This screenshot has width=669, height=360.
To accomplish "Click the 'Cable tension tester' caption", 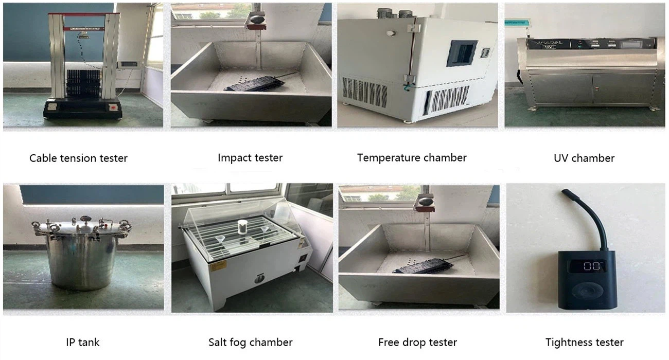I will coord(78,158).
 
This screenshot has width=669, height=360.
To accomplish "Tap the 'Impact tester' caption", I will coord(250,157).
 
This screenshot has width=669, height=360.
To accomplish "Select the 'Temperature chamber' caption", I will coord(412,157).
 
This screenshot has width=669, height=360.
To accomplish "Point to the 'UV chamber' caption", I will coord(584,158).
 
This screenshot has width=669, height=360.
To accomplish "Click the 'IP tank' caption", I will coord(83,342).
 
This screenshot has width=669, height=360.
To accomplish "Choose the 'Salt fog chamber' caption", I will coord(250,342).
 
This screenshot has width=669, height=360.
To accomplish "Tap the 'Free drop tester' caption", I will coord(417,342).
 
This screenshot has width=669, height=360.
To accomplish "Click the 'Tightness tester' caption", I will coord(584,342).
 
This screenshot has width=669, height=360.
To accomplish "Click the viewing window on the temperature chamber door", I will coord(462,53).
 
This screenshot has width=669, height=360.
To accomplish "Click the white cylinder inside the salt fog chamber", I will coord(242,227).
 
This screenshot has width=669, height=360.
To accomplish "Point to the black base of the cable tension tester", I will coord(83,108).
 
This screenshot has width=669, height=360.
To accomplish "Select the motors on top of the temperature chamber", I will coord(395,13).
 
